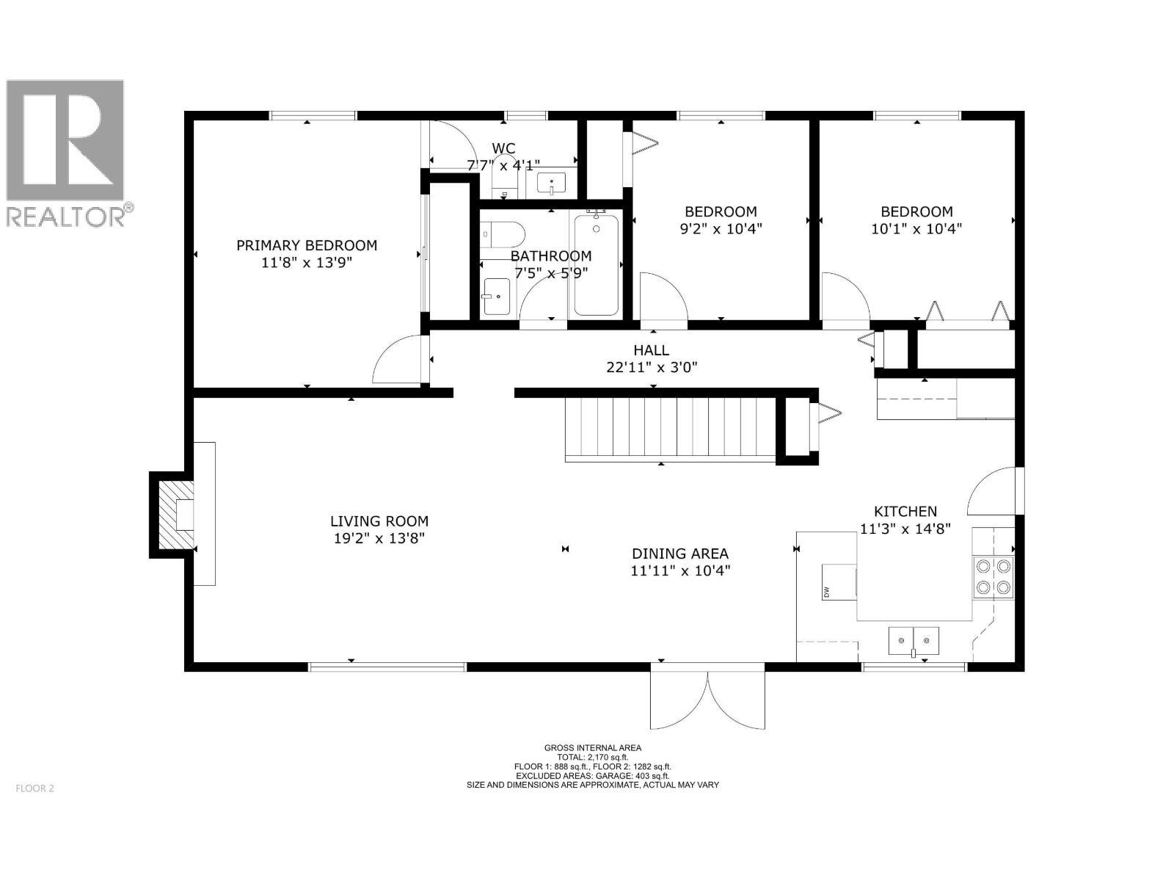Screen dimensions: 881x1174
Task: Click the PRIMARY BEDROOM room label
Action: [x=307, y=245]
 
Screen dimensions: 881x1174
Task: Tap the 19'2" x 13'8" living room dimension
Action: [x=379, y=538]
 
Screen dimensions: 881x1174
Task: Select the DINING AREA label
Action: [x=680, y=554]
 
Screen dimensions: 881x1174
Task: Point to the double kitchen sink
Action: [x=914, y=641]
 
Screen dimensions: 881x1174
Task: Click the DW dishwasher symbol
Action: [x=837, y=581]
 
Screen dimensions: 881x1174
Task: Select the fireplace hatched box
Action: [x=176, y=514]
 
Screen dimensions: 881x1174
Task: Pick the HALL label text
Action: [x=651, y=350]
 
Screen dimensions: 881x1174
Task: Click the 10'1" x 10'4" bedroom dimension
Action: [x=916, y=228]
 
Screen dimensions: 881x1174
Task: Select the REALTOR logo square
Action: [x=65, y=140]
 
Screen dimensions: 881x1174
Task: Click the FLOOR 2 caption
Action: [x=34, y=788]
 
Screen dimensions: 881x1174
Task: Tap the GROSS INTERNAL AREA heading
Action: [x=593, y=748]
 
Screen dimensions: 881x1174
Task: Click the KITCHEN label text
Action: [x=905, y=511]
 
